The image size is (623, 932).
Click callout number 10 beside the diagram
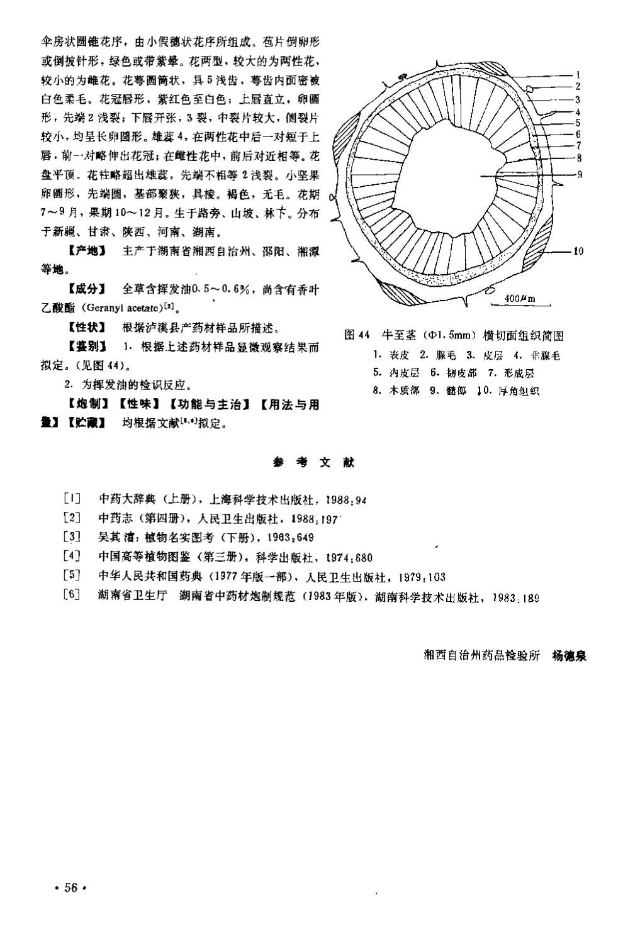[578, 252]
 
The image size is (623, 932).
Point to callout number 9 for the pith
[578, 174]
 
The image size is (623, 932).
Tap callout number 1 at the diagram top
[578, 73]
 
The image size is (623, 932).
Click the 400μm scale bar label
[520, 298]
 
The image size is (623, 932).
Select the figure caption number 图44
[356, 335]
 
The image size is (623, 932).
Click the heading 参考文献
[314, 462]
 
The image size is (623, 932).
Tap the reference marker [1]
[72, 500]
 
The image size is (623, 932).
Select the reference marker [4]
[72, 557]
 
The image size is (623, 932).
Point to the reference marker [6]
[72, 595]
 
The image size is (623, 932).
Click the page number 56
[70, 887]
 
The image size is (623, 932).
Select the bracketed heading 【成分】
[87, 290]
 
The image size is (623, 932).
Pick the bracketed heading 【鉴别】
[87, 347]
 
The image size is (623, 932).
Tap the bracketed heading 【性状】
[87, 328]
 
